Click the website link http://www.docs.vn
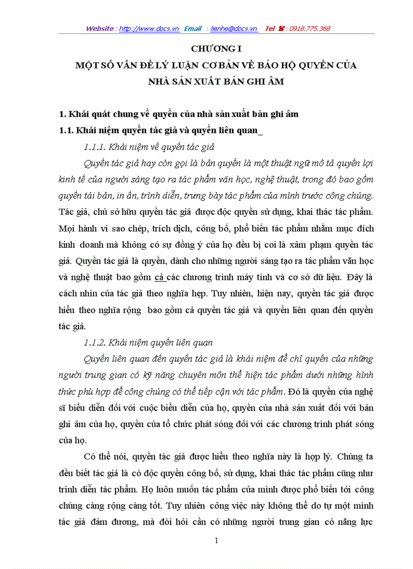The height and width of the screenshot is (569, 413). [149, 29]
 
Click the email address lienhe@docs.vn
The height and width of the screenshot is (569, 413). [234, 29]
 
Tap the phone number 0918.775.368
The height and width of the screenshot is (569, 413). [309, 29]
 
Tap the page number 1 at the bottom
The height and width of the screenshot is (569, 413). [216, 541]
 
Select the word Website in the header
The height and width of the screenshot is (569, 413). [100, 29]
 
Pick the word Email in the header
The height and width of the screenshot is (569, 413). [193, 29]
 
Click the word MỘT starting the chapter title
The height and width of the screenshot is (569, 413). [86, 65]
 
